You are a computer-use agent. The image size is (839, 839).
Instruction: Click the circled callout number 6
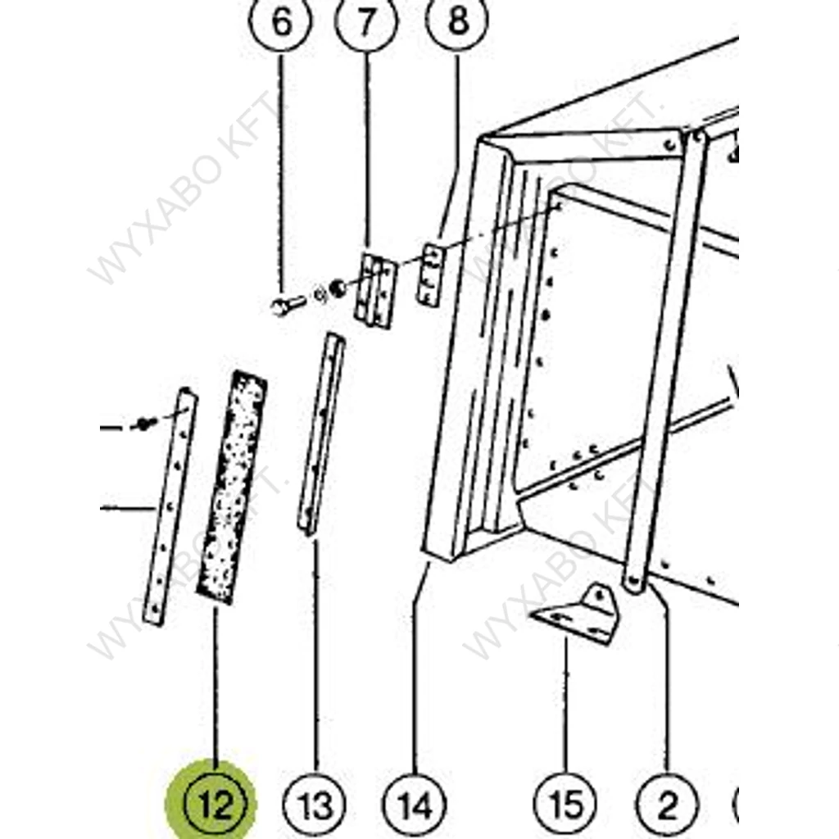coord(280,21)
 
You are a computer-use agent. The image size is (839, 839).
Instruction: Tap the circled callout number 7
coord(366,21)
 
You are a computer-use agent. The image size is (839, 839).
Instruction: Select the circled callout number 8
coord(457,20)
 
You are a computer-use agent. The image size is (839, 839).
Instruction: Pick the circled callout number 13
coord(314,805)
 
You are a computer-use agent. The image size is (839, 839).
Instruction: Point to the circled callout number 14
coord(415,805)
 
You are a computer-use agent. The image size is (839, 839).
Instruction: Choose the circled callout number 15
coord(565,805)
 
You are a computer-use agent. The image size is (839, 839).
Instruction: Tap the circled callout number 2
coord(667,805)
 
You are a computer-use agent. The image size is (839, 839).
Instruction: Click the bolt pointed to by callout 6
coord(288,306)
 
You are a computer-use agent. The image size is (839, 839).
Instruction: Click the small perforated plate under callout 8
coord(431,275)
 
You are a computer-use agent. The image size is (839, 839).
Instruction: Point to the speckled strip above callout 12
coord(232,488)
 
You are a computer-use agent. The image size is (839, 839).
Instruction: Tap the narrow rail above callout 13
coord(321,434)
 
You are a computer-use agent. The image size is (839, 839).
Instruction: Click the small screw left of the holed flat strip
coord(144,424)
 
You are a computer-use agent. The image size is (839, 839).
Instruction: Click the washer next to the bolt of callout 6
coord(320,294)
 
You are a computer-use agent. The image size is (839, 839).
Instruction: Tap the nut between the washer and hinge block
coord(337,288)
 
